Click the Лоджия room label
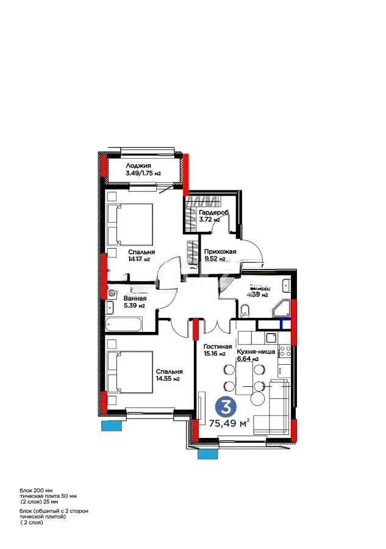click(139, 165)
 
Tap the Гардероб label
click(212, 213)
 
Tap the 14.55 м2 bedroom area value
click(168, 379)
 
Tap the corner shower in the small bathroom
click(282, 309)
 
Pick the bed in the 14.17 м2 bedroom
click(130, 224)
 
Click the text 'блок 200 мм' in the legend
click(37, 490)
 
